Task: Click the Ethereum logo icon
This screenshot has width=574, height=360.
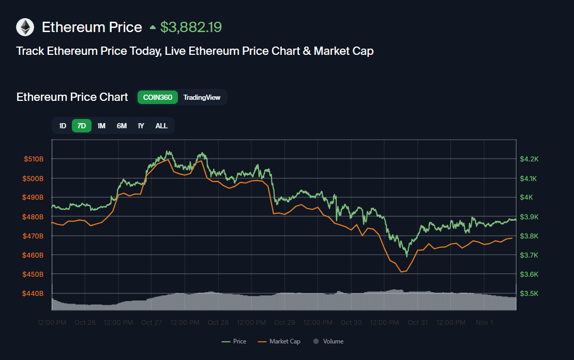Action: tap(25, 27)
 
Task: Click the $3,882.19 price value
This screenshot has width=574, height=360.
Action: tap(191, 27)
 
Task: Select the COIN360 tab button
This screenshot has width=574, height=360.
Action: tap(158, 97)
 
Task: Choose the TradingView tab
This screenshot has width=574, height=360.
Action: tap(202, 97)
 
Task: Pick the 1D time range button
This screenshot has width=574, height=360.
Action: tap(63, 126)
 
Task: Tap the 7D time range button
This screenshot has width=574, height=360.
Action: tap(82, 126)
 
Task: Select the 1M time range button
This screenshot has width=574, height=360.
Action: tap(101, 126)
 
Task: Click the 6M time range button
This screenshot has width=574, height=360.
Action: tap(122, 126)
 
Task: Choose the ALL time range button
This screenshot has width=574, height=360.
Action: tap(161, 126)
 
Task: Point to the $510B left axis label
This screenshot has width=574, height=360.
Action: tap(34, 159)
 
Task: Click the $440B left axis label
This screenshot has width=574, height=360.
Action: tap(34, 293)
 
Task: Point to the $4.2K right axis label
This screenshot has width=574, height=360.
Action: tap(529, 159)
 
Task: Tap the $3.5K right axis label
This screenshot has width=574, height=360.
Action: tap(529, 293)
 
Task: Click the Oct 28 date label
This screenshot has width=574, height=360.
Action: tap(218, 322)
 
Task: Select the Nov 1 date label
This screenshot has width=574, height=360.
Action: tap(484, 322)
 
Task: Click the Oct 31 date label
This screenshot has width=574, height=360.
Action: tap(417, 322)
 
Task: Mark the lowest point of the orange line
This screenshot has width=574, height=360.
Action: tap(400, 272)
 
